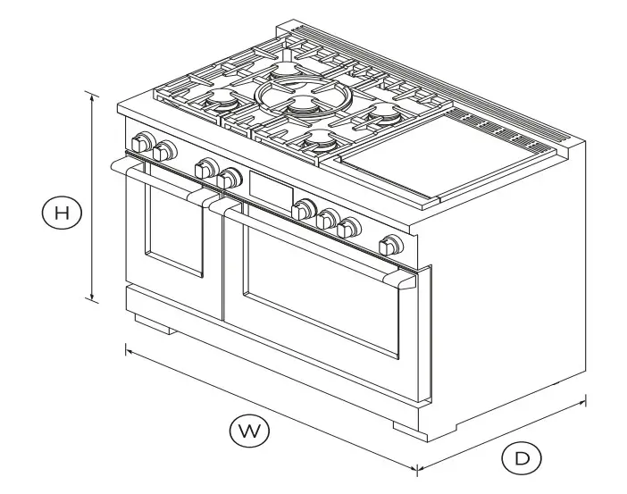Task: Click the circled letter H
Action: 61,213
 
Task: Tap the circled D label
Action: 522,459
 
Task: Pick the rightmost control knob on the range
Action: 390,244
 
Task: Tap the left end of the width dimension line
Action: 127,349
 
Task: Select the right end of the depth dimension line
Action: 585,399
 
